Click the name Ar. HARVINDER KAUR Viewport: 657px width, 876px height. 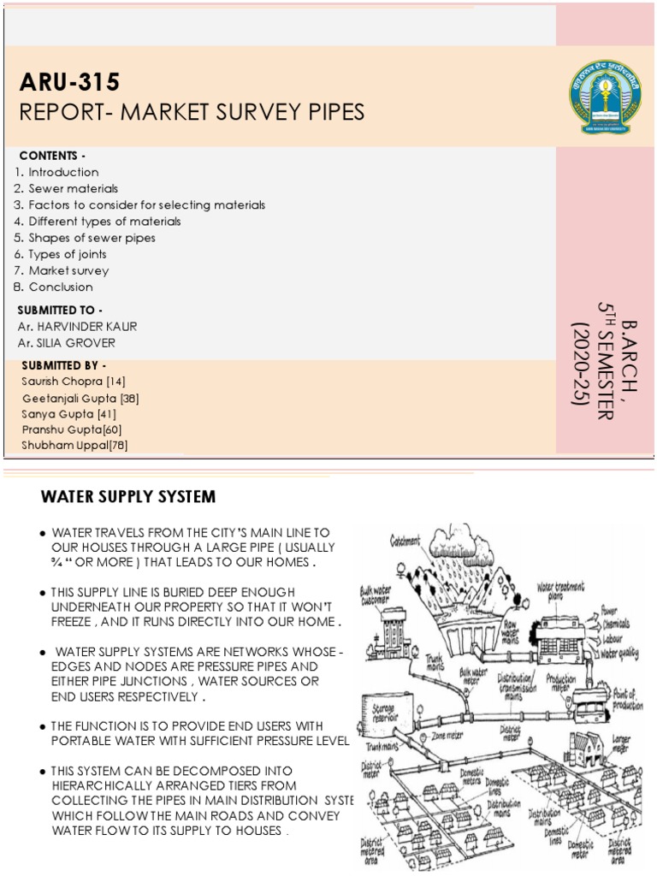(x=77, y=327)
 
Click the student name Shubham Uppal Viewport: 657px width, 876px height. (x=65, y=445)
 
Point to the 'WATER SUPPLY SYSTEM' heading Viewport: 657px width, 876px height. (x=128, y=496)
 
